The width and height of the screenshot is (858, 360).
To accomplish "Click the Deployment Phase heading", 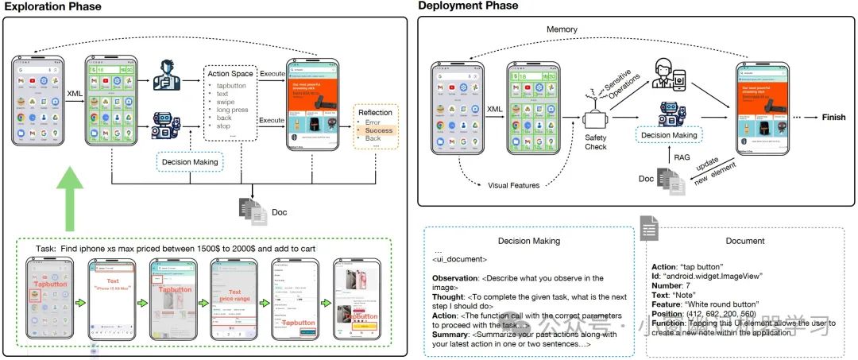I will (x=469, y=6).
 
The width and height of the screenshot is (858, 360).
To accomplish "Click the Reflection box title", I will (x=375, y=112).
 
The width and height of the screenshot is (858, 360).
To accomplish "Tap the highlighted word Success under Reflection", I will (x=379, y=130).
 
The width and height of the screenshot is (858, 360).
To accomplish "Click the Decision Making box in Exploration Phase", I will (x=190, y=163).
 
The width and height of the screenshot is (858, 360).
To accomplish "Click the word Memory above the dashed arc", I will (x=562, y=29).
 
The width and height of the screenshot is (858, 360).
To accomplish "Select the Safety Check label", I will (x=596, y=141).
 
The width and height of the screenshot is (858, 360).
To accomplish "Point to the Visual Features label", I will (x=513, y=185).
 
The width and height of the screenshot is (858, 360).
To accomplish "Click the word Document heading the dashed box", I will (x=746, y=240).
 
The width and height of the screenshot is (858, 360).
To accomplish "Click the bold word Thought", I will (x=450, y=296).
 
